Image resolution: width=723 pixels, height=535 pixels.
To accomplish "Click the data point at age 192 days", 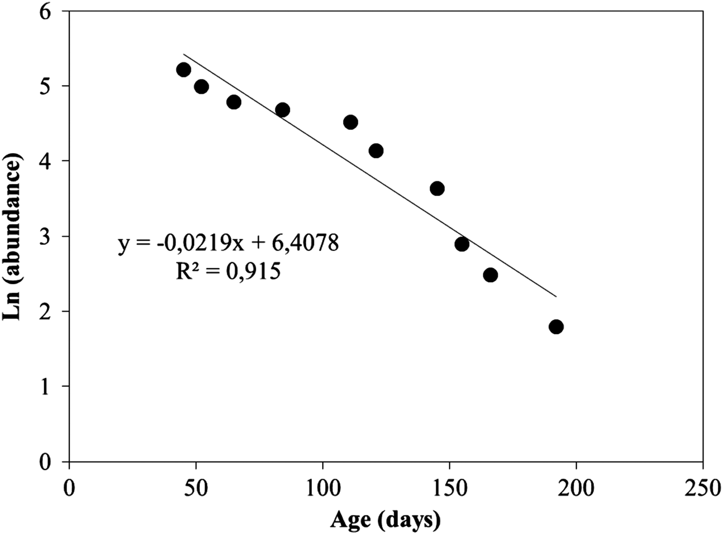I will pos(556,327).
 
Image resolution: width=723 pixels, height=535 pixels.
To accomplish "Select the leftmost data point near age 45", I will pos(183,70).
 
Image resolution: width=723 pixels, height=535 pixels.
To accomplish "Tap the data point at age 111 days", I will pos(351,122).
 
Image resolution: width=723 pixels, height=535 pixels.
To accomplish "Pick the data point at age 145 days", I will pos(437,188).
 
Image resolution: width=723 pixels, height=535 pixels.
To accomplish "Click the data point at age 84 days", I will pos(282,109).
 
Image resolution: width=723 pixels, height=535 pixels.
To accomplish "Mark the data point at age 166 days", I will pos(491,275).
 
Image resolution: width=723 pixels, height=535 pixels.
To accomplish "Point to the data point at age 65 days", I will pos(234,102).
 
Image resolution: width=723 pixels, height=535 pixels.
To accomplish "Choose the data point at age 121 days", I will pos(376,151).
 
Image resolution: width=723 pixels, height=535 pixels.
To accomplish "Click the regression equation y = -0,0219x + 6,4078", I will pos(228,243).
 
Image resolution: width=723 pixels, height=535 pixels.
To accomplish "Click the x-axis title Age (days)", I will pos(385,520).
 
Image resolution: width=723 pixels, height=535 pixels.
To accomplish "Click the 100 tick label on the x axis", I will pos(323,488).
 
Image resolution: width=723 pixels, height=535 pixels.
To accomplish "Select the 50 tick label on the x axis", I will pos(196,488).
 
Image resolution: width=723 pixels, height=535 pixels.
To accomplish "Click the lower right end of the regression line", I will pos(556,296).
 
